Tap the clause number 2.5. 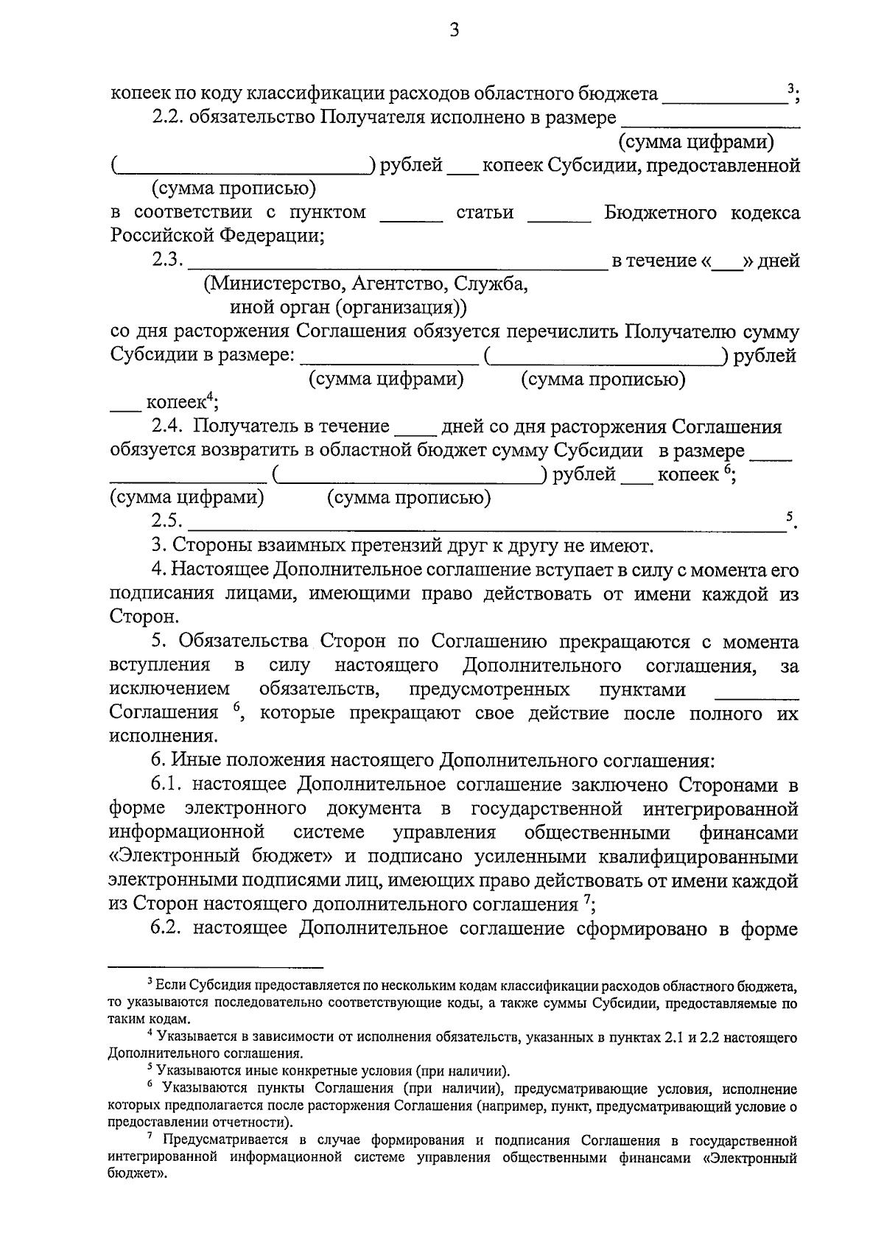point(166,521)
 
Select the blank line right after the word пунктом point(411,219)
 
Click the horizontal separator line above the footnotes point(216,966)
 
